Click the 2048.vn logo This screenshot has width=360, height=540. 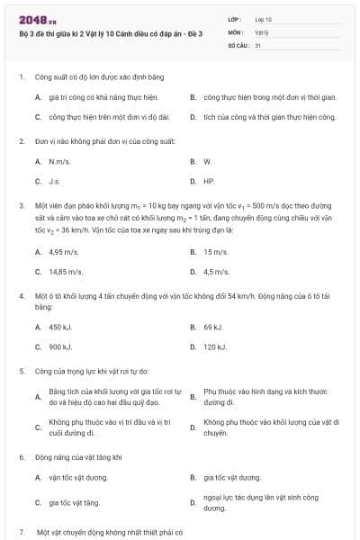pyautogui.click(x=31, y=19)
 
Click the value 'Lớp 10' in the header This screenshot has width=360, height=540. pyautogui.click(x=264, y=19)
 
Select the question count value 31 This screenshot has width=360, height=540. pyautogui.click(x=258, y=44)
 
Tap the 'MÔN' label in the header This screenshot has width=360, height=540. pyautogui.click(x=235, y=31)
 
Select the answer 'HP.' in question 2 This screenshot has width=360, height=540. pyautogui.click(x=209, y=181)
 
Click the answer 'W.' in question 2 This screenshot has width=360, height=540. pyautogui.click(x=207, y=161)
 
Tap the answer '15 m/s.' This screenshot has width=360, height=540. pyautogui.click(x=216, y=252)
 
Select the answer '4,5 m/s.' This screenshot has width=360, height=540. pyautogui.click(x=217, y=271)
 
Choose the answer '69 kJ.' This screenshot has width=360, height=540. pyautogui.click(x=213, y=328)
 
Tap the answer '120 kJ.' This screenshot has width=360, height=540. pyautogui.click(x=215, y=346)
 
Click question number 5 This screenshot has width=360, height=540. pyautogui.click(x=22, y=371)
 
